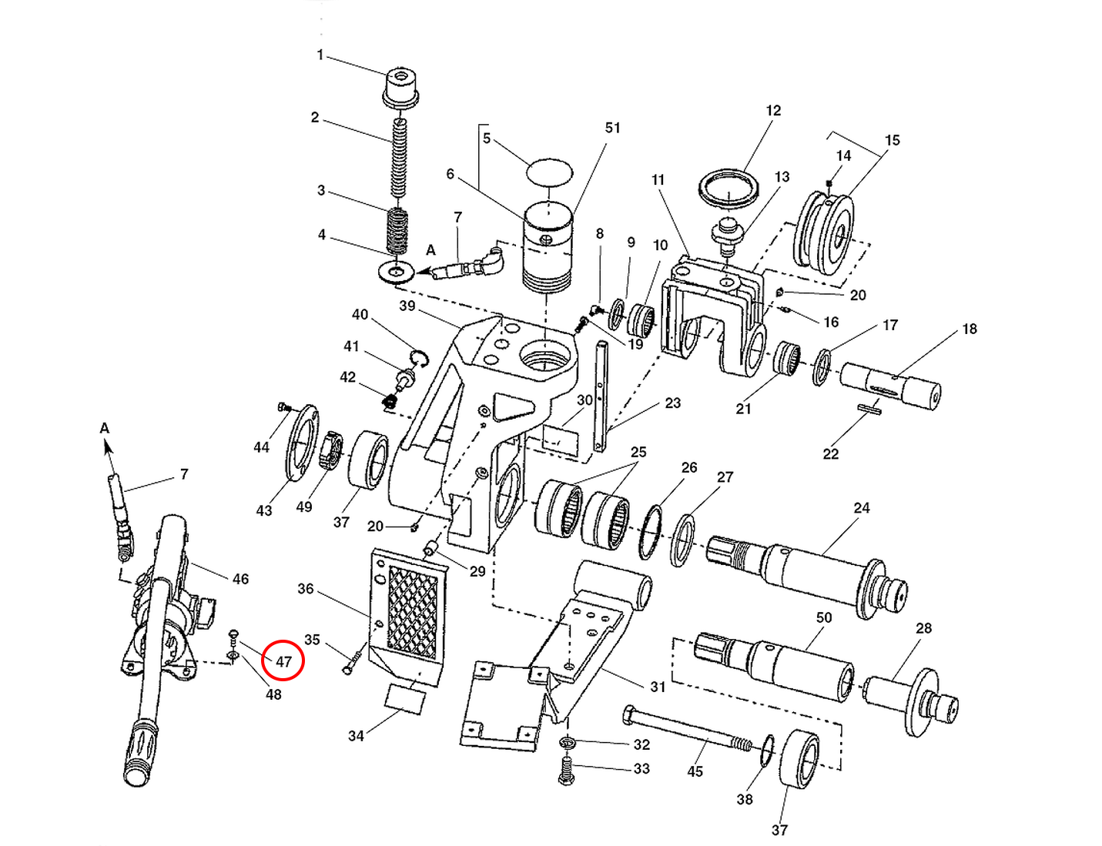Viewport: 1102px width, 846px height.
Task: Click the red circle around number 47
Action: tap(283, 660)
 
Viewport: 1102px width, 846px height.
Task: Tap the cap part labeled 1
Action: tap(400, 87)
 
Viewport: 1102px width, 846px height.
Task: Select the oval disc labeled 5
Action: tap(550, 172)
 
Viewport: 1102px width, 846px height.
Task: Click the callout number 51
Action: tap(612, 128)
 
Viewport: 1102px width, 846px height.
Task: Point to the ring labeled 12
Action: tap(729, 188)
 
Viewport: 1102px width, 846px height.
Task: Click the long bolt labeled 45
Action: tap(685, 731)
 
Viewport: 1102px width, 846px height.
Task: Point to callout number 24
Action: tap(861, 508)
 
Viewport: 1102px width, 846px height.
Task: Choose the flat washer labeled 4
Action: tap(397, 272)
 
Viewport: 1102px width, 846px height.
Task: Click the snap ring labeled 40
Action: tap(419, 356)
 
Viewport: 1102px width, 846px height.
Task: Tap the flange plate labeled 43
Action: tap(302, 443)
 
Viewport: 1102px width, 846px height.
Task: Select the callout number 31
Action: tap(657, 687)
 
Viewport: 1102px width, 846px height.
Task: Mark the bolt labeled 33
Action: tap(566, 770)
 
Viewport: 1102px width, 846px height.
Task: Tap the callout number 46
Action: tap(240, 579)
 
